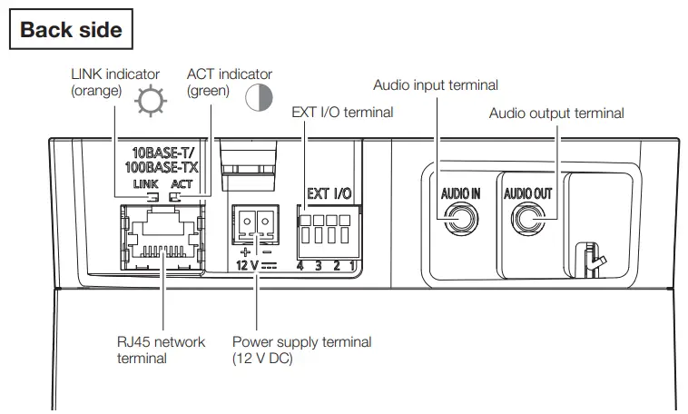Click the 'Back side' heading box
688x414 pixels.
pos(71,29)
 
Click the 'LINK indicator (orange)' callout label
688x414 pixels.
pos(114,83)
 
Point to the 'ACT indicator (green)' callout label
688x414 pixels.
pos(229,83)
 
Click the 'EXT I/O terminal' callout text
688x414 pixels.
pos(342,113)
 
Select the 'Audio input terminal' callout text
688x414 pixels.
pos(436,85)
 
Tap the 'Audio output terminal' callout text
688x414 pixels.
pos(556,113)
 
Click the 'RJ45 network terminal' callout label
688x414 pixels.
pos(161,350)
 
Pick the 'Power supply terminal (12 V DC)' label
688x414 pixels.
pos(301,350)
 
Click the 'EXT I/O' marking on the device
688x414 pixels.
pos(329,193)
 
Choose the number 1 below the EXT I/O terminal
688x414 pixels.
pos(351,266)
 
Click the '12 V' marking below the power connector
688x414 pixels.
pos(248,266)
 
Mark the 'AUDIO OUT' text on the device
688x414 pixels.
pos(527,192)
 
